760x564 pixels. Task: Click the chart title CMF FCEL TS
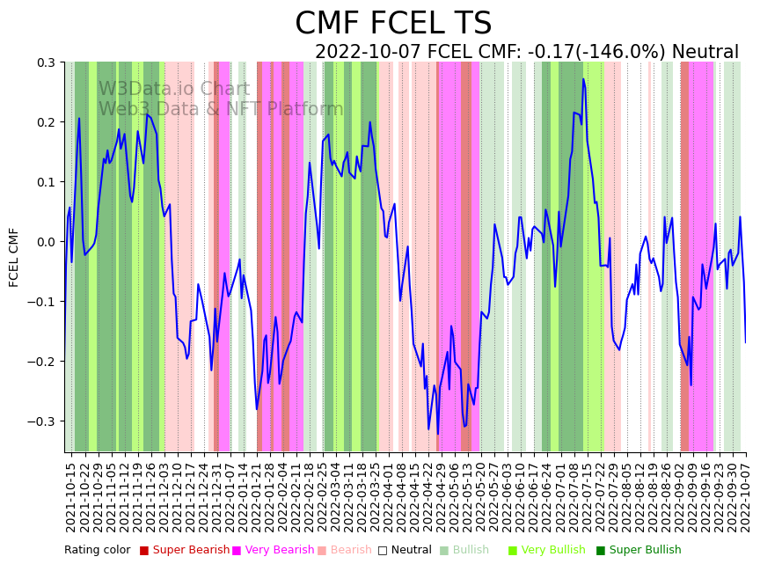(x=393, y=24)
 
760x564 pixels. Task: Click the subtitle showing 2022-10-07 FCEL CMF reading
(x=526, y=52)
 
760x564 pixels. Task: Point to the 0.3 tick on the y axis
(x=45, y=62)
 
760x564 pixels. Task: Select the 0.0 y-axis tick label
(x=45, y=242)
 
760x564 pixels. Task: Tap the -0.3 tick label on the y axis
(x=42, y=421)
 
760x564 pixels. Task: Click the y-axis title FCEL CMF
(x=14, y=257)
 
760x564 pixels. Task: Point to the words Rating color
(x=97, y=551)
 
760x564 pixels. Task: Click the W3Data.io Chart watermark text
(x=174, y=89)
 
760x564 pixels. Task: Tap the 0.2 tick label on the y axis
(x=45, y=122)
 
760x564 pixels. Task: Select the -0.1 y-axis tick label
(x=42, y=302)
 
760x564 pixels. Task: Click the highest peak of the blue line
(x=582, y=79)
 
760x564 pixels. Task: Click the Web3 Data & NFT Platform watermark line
(x=221, y=109)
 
